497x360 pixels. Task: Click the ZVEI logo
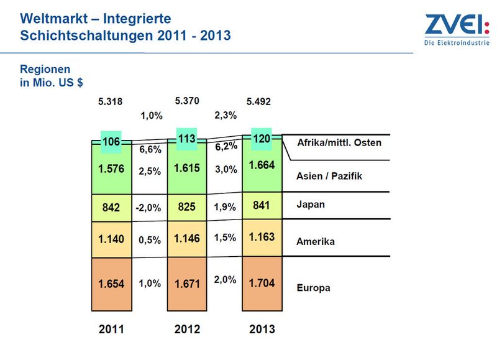[x=457, y=29]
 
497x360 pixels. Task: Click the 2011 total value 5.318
[x=110, y=101]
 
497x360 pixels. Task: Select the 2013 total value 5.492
[x=258, y=101]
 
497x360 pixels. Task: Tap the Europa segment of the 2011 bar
[x=112, y=284]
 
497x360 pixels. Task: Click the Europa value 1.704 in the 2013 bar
[x=262, y=283]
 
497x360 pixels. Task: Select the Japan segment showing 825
[x=187, y=208]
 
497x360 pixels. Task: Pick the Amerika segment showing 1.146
[x=187, y=239]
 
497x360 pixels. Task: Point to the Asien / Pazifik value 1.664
[x=262, y=165]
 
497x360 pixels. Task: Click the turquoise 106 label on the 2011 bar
[x=111, y=142]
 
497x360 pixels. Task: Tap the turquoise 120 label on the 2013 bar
[x=262, y=139]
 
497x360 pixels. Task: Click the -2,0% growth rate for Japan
[x=148, y=208]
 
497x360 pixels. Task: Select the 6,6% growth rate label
[x=150, y=149]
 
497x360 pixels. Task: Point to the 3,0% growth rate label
[x=226, y=169]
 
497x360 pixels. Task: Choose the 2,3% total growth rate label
[x=226, y=115]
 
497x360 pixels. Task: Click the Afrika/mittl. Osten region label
[x=339, y=143]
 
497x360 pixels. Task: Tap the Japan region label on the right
[x=311, y=205]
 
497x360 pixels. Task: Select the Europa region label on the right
[x=314, y=288]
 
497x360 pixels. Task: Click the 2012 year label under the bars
[x=187, y=330]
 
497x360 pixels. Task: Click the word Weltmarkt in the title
[x=54, y=19]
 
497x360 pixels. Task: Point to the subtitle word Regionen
[x=45, y=69]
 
